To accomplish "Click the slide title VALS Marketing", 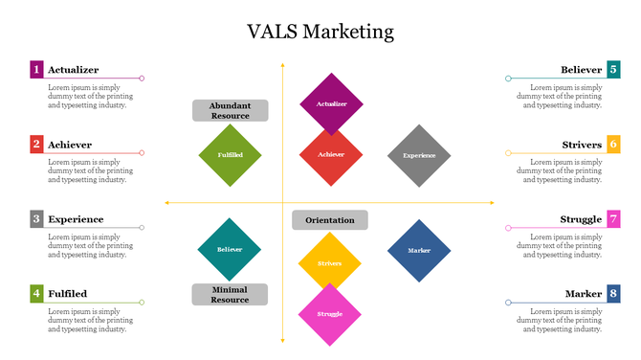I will (320, 32).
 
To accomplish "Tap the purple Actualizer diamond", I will (331, 103).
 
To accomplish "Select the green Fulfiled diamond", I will (230, 154).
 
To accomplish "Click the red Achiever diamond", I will (331, 154).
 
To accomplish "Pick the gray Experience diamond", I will (419, 154).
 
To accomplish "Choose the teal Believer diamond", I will (230, 249).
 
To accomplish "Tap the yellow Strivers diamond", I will (330, 262).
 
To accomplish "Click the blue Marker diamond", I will (419, 250).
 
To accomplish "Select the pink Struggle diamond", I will (330, 314).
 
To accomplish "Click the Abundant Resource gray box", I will (230, 110).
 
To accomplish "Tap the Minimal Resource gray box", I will (230, 294).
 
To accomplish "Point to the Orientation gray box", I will (330, 220).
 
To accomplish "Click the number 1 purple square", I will (36, 69).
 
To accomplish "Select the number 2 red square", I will (36, 145).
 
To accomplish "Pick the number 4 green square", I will (36, 293).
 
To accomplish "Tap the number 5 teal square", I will (613, 69).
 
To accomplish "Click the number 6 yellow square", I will (613, 145).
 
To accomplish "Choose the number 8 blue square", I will (613, 293).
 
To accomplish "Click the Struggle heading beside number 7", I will (581, 219).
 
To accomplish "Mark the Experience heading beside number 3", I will (76, 219).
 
